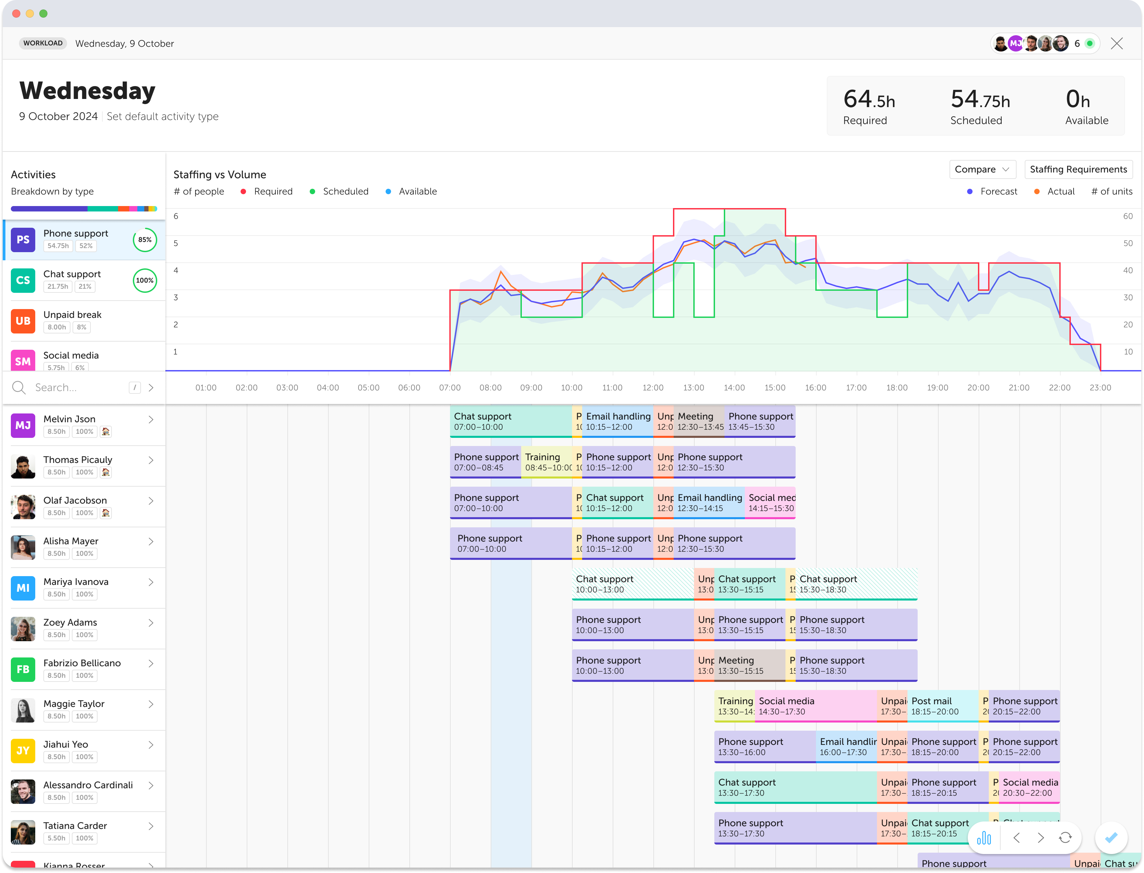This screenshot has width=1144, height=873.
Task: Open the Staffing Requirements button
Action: click(x=1078, y=169)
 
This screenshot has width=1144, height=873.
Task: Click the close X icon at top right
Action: click(x=1117, y=44)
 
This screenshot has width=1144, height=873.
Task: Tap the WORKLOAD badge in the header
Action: click(x=43, y=43)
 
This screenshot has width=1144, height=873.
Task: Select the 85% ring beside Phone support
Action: click(x=144, y=240)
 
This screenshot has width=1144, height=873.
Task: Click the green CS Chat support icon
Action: click(x=23, y=280)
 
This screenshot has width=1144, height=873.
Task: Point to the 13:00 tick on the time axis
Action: click(x=694, y=388)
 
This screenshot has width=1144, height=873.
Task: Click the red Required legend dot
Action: click(x=243, y=192)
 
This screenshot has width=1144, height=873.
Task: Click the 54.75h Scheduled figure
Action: click(x=980, y=100)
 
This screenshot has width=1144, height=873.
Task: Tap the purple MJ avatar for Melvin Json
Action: click(x=23, y=425)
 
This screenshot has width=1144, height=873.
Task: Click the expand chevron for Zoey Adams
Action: click(x=151, y=623)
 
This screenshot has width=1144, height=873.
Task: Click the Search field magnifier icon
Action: click(x=19, y=388)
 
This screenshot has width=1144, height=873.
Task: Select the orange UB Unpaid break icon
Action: click(x=23, y=321)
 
